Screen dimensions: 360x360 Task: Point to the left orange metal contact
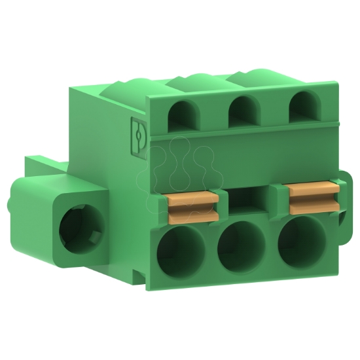194,206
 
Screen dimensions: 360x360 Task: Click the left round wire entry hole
180,252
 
